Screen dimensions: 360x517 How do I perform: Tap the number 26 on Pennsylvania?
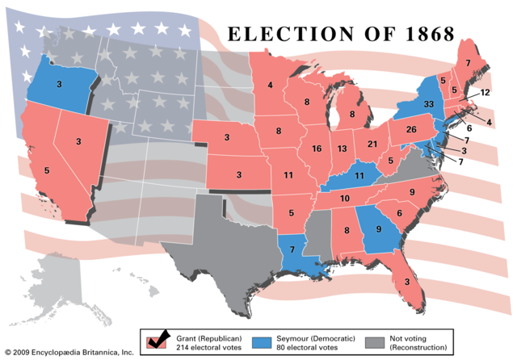tap(410, 130)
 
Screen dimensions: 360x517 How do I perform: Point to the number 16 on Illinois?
tap(316, 149)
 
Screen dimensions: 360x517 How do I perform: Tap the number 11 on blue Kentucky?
tap(360, 176)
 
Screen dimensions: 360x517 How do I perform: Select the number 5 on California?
tap(46, 170)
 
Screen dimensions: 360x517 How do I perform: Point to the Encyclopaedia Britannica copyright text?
tap(69, 353)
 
